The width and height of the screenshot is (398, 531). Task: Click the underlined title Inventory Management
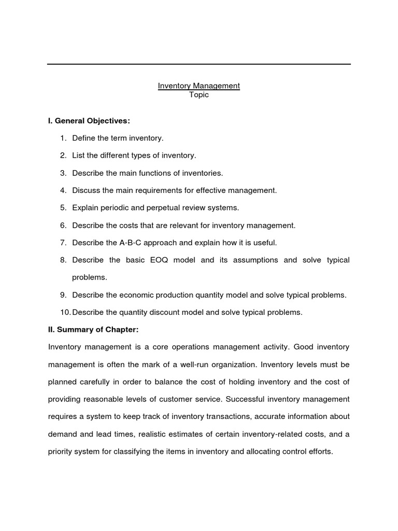(199, 86)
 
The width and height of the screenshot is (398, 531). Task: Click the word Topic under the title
(199, 95)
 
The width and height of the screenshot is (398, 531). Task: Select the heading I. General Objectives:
(89, 121)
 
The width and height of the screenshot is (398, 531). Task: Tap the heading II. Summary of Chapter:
(93, 329)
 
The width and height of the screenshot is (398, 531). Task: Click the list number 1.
(63, 138)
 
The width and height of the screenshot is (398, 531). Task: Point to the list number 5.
(63, 207)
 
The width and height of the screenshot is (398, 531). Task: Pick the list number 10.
(64, 312)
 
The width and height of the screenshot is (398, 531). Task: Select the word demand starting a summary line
(62, 434)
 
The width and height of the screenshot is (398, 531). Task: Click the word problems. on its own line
(90, 277)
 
